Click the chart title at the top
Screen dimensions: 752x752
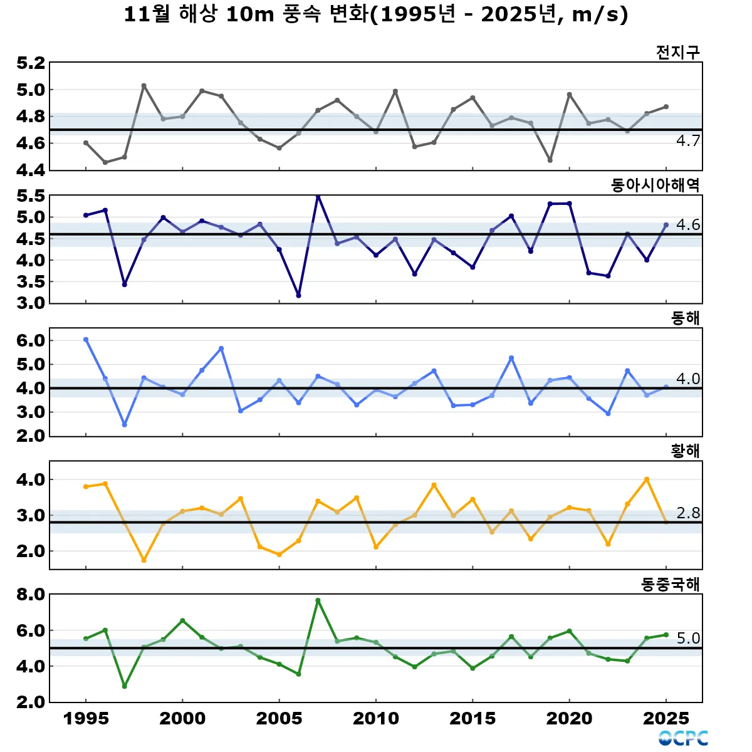[376, 15]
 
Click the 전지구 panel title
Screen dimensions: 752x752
[677, 52]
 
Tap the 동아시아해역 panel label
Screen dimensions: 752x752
[655, 185]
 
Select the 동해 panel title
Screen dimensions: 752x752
[685, 318]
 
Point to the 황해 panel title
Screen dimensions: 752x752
[685, 451]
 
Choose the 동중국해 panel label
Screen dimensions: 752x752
[670, 585]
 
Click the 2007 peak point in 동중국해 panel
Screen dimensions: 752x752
[318, 600]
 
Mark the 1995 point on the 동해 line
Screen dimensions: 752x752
[86, 340]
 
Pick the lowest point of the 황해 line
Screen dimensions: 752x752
[144, 560]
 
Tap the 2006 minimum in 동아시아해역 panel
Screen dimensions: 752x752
[298, 295]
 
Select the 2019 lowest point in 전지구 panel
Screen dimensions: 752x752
[550, 160]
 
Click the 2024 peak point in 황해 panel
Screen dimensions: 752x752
[647, 479]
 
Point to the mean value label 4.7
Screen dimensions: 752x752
[687, 141]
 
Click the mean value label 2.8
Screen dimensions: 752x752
[687, 513]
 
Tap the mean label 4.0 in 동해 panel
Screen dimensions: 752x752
[687, 379]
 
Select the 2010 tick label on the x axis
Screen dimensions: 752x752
[376, 719]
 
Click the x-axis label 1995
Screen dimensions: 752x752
[86, 719]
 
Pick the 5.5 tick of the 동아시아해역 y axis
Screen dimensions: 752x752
[31, 196]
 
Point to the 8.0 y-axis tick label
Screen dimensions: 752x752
[31, 594]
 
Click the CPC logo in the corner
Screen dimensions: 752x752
[683, 738]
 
